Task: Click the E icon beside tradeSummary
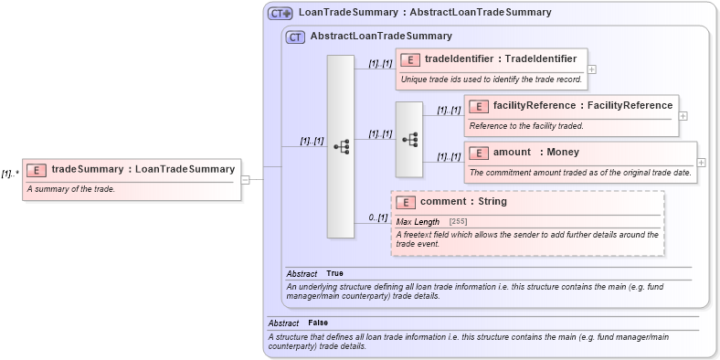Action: click(x=37, y=169)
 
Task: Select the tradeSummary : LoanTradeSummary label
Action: click(x=143, y=169)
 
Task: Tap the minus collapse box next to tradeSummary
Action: click(x=246, y=179)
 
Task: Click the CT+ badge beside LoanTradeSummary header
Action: click(x=280, y=13)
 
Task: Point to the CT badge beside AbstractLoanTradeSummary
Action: click(x=295, y=37)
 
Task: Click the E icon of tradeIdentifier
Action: click(x=411, y=59)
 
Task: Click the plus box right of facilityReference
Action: click(x=683, y=116)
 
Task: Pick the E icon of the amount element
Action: click(x=480, y=153)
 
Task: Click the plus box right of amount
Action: click(x=701, y=163)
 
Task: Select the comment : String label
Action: click(x=463, y=202)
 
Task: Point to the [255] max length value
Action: click(x=458, y=222)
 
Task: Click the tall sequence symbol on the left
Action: click(x=340, y=146)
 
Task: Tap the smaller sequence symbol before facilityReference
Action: click(x=409, y=139)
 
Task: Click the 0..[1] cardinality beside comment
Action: click(x=378, y=217)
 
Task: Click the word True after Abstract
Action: click(x=334, y=273)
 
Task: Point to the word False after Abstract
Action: click(x=318, y=323)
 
